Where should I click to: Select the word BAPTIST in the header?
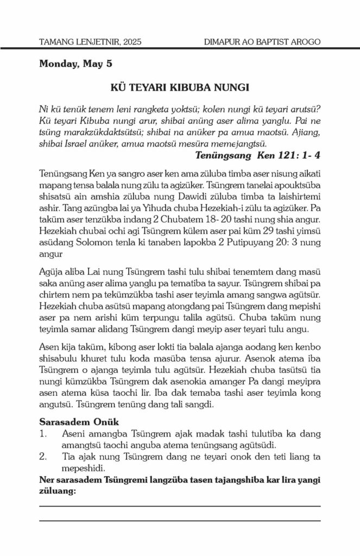271,42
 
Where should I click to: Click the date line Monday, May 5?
75,64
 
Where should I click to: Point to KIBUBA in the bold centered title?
182,87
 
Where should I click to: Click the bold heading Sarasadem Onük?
75,421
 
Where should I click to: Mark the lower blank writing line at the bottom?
180,520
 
